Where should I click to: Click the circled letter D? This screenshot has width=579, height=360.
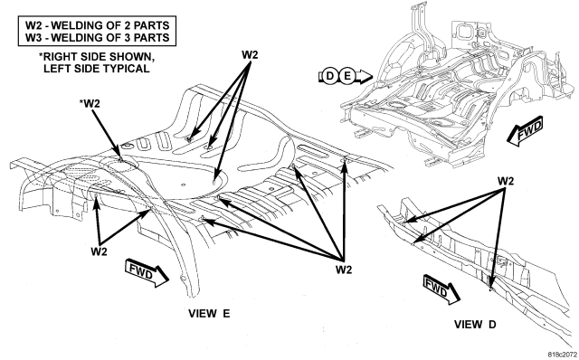329,76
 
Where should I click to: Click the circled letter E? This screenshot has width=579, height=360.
346,76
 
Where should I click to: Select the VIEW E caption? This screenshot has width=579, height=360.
209,314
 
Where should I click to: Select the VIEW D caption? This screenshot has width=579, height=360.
475,325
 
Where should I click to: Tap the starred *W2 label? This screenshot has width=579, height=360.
90,103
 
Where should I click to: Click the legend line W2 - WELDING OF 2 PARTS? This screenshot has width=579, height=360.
97,25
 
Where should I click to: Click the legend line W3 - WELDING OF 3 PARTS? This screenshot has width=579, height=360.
97,37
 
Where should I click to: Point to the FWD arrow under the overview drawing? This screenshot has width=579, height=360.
525,131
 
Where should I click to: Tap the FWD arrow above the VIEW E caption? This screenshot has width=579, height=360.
147,273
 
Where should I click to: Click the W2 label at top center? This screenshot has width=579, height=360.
250,54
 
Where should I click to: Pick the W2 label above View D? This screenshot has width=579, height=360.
506,181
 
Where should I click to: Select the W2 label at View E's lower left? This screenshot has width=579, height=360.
99,251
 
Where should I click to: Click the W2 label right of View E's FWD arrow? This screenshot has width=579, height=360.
344,270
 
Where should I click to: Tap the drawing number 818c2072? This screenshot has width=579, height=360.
563,354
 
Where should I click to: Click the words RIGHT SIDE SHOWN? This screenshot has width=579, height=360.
97,57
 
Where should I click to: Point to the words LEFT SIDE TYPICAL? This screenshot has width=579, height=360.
97,69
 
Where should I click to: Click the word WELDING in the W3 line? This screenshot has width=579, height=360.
80,37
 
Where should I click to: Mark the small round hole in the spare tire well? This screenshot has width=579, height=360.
183,184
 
